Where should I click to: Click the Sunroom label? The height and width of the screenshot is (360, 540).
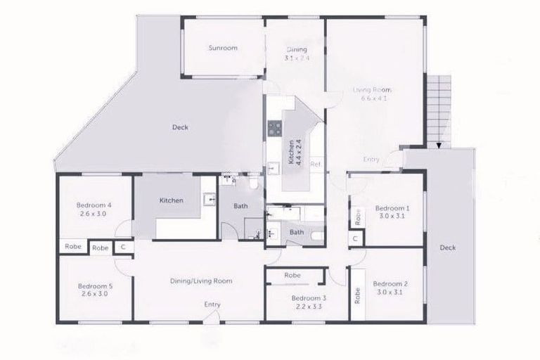pos(222,49)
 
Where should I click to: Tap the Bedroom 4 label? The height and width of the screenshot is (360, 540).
pos(94,205)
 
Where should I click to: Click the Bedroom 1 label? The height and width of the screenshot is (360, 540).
pos(392,209)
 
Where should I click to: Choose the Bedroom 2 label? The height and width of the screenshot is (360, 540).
pos(392,284)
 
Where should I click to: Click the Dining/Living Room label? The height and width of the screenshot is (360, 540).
pos(201,281)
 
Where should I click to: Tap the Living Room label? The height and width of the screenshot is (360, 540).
pos(372,90)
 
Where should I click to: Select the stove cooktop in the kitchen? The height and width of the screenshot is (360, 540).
pos(274,128)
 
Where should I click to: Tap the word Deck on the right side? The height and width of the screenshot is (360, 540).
pos(448,247)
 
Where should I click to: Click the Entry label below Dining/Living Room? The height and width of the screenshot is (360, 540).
pos(212,304)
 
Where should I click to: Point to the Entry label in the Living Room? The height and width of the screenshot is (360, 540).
pos(371,160)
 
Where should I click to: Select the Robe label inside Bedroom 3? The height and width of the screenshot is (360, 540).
pos(292,276)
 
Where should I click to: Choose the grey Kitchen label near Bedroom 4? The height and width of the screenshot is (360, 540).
pos(171,200)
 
